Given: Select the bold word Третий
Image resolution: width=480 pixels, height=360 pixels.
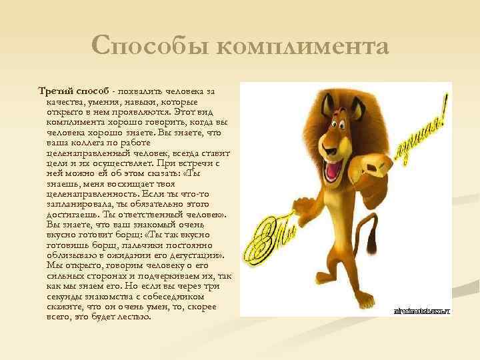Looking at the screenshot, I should (x=56, y=90).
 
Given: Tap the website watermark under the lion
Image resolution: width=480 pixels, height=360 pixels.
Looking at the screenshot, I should (x=422, y=311).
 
